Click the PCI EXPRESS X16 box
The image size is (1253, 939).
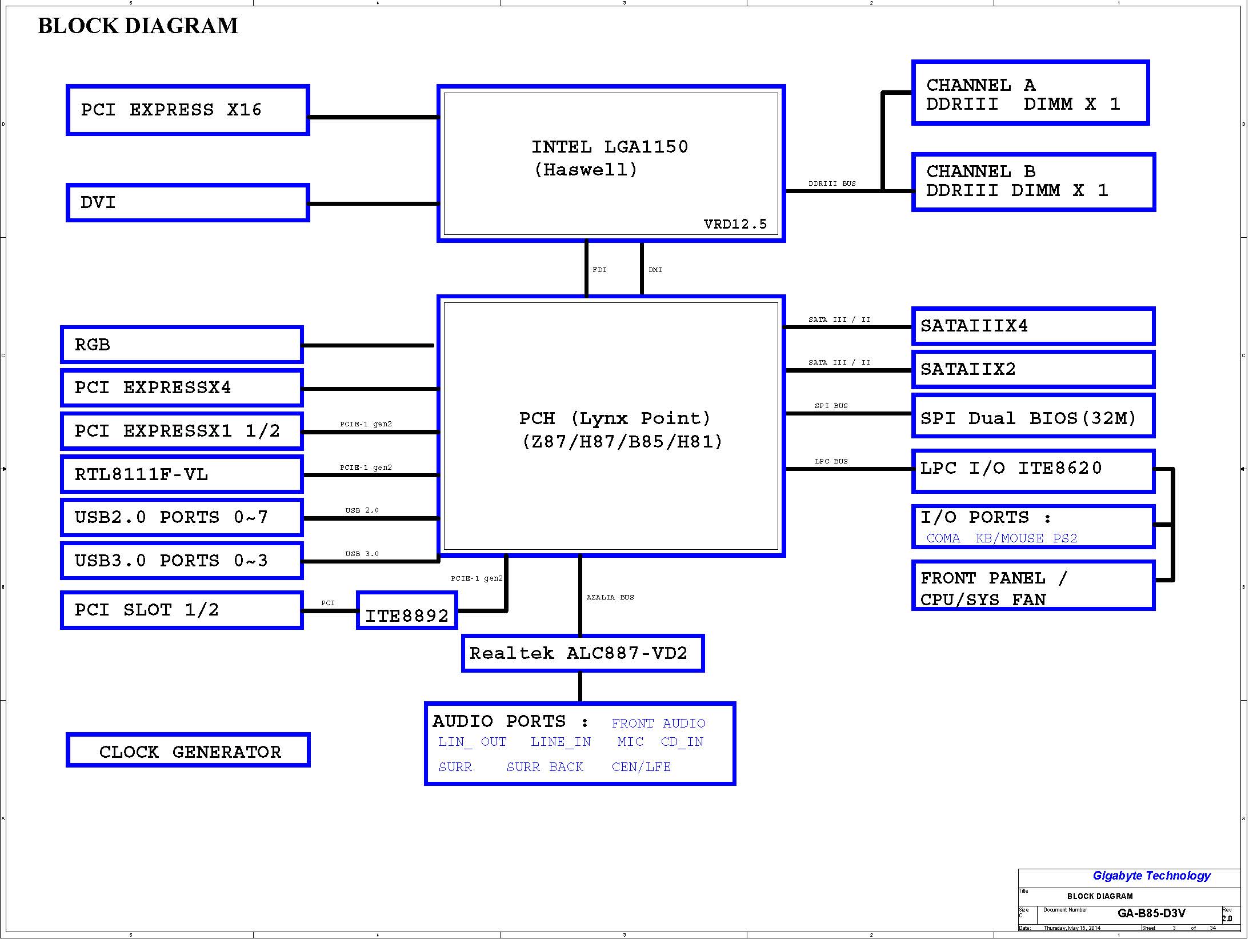188,110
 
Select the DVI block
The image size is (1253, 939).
188,202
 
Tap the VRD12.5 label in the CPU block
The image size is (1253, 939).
735,224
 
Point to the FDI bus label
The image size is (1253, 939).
599,270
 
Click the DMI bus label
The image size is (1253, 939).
655,270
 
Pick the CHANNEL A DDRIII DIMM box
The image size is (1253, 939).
1031,93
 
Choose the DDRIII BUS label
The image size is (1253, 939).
832,183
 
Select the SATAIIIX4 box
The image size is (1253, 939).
1033,326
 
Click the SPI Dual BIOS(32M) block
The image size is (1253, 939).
1033,416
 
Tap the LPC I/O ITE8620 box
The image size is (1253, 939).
1033,471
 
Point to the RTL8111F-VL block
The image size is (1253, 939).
182,474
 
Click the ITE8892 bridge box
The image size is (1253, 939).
407,610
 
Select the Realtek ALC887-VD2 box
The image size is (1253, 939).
583,653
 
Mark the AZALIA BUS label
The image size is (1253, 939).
610,597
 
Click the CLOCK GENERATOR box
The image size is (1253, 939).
188,750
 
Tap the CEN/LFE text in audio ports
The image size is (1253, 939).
641,767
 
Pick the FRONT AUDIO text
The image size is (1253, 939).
658,724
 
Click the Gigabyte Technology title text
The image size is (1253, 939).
1151,876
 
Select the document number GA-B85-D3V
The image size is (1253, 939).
1151,913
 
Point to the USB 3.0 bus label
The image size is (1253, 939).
362,554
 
